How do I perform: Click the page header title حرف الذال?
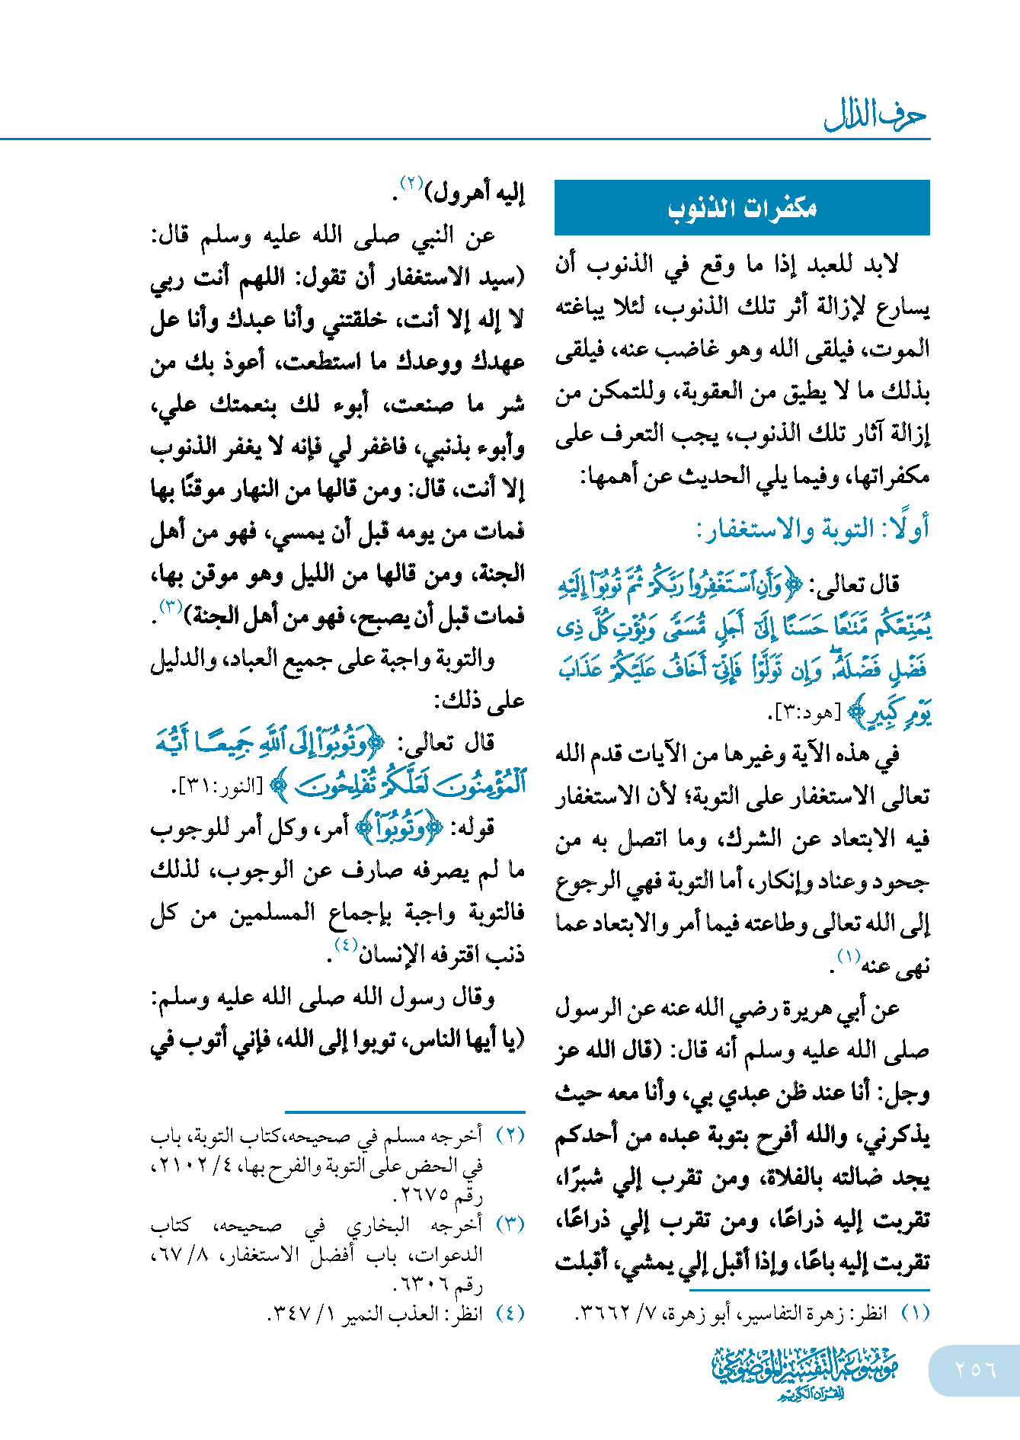pos(875,116)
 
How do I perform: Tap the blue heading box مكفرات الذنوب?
pos(742,208)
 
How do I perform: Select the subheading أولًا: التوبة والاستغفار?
pos(812,529)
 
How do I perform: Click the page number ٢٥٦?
pos(975,1369)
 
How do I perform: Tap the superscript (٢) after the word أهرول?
pos(412,184)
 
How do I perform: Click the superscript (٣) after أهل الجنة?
pos(169,606)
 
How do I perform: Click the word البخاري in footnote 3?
pos(378,1225)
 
